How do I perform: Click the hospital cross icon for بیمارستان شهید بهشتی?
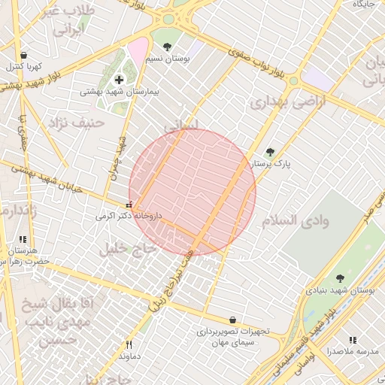tap(119, 80)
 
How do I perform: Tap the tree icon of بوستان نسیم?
tap(167, 47)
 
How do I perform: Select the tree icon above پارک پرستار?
tap(270, 152)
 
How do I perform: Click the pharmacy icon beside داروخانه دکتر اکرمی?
tap(129, 205)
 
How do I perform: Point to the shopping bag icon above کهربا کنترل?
tap(24, 56)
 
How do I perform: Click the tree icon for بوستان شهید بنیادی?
tap(340, 278)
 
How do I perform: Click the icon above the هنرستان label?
tap(22, 240)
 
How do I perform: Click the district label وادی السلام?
tap(296, 220)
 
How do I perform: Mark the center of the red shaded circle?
tap(192, 192)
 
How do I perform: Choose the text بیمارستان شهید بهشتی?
tap(120, 91)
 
